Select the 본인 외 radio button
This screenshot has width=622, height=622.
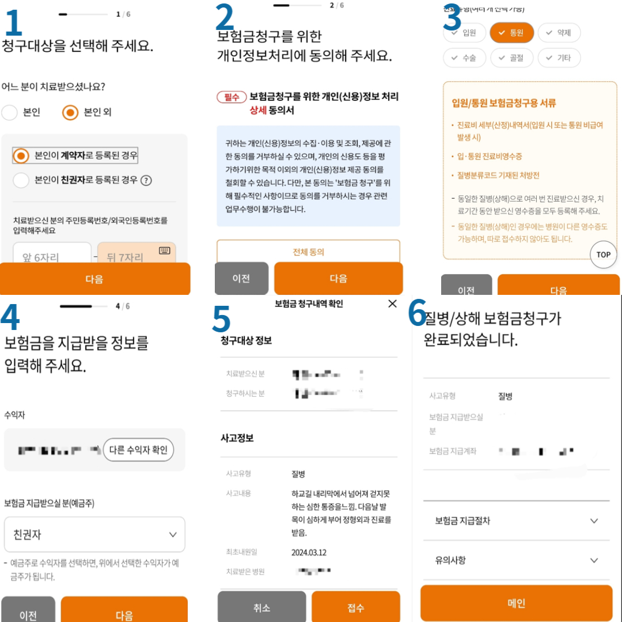pyautogui.click(x=70, y=112)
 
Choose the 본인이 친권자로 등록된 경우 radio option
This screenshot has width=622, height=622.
pyautogui.click(x=21, y=180)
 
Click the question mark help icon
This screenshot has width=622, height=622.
pyautogui.click(x=146, y=180)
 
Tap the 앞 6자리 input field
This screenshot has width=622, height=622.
pyautogui.click(x=52, y=256)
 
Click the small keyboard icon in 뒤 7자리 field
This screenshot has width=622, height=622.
pyautogui.click(x=165, y=251)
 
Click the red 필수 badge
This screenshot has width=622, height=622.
pyautogui.click(x=232, y=97)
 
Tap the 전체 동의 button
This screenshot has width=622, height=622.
pyautogui.click(x=308, y=252)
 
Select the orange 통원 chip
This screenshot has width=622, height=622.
pyautogui.click(x=511, y=33)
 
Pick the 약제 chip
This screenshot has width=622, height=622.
pyautogui.click(x=559, y=33)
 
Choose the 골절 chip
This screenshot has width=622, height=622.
pyautogui.click(x=511, y=58)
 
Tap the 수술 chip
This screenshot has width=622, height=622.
pyautogui.click(x=464, y=58)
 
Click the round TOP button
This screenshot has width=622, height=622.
pyautogui.click(x=603, y=255)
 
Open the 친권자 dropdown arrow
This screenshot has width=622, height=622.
pyautogui.click(x=173, y=534)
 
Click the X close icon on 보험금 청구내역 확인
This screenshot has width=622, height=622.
pyautogui.click(x=392, y=304)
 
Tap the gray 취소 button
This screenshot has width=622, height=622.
pyautogui.click(x=261, y=608)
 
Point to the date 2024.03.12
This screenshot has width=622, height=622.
pyautogui.click(x=309, y=552)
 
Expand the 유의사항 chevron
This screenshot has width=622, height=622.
pyautogui.click(x=594, y=560)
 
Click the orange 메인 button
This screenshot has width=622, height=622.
pyautogui.click(x=516, y=603)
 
